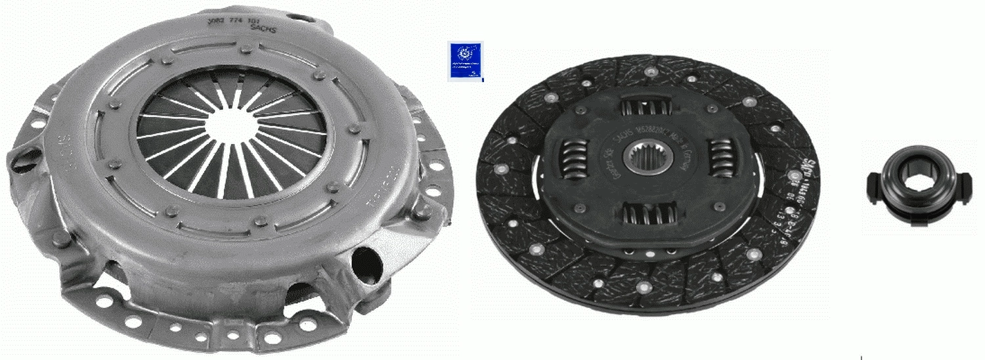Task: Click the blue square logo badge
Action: (466, 61)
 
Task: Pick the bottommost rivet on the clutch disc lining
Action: (641, 288)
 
